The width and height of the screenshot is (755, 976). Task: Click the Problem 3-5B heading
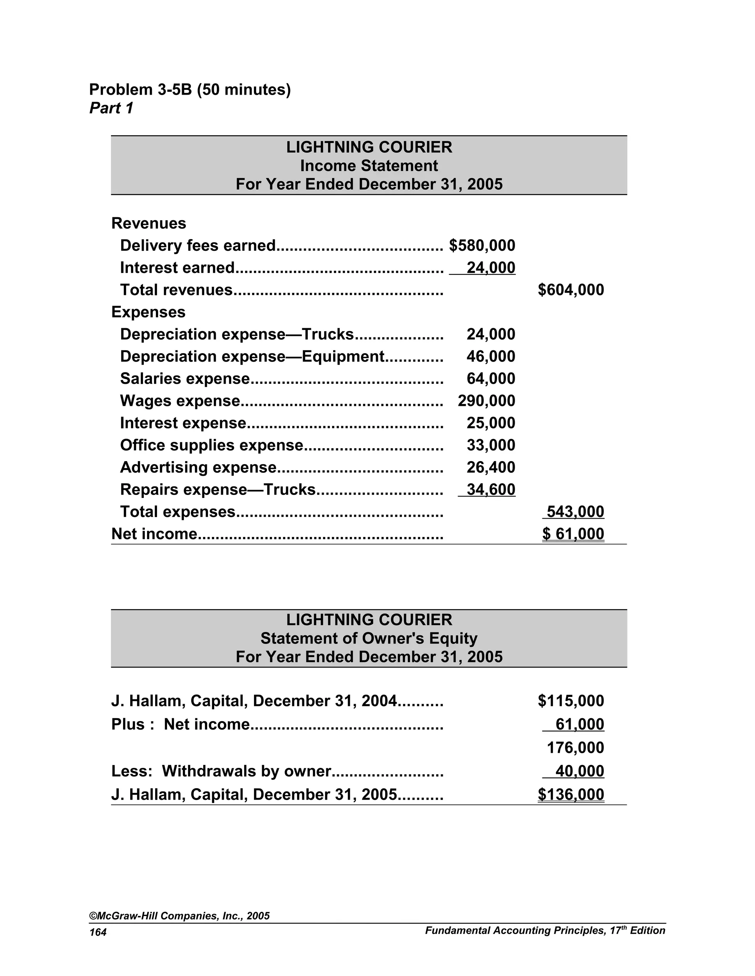189,90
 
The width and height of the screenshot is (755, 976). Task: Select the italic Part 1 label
111,108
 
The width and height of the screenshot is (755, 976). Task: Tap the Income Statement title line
369,166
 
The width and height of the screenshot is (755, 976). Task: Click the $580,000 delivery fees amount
482,245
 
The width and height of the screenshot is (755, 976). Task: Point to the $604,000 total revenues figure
571,289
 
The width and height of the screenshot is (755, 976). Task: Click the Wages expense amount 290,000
486,401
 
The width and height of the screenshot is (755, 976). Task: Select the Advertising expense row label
198,467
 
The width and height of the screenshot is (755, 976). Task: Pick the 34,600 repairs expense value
491,489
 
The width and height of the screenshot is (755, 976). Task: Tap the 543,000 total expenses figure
575,512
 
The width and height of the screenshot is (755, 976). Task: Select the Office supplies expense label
212,445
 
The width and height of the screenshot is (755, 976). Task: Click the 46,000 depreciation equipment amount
491,357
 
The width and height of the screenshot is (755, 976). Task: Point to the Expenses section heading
148,312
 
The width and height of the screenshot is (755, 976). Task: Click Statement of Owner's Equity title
369,638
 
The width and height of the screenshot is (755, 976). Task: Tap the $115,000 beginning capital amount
571,701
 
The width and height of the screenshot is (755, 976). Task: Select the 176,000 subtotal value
575,748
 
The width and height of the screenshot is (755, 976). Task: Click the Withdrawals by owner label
246,771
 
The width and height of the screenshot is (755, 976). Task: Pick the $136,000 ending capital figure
571,794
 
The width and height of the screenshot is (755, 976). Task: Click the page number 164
98,933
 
